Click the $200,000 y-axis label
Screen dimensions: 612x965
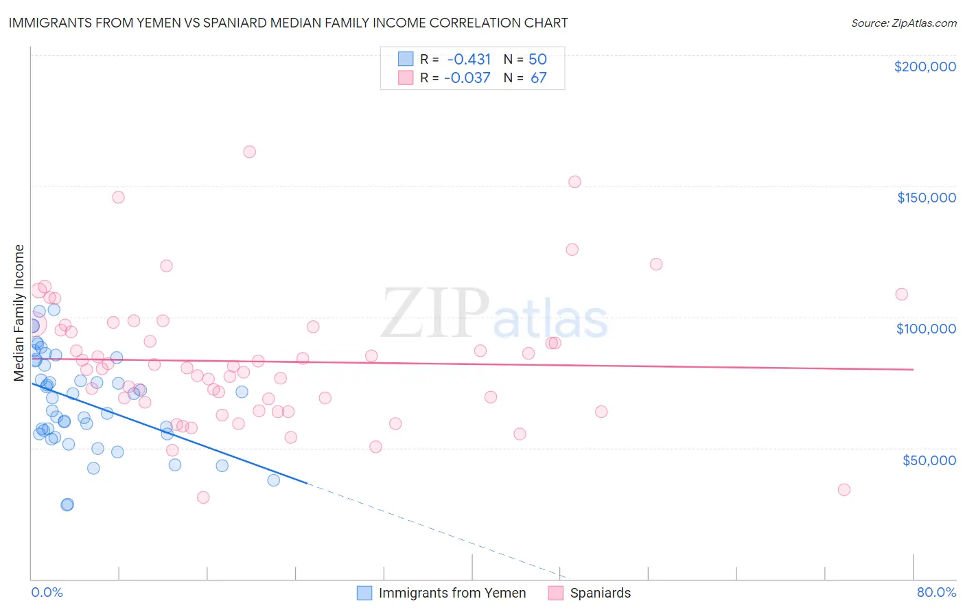tap(925, 67)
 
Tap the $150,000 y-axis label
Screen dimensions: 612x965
tap(926, 198)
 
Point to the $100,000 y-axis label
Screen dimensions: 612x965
tap(926, 329)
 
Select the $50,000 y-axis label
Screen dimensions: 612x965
tap(929, 460)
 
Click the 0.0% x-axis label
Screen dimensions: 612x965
tap(47, 592)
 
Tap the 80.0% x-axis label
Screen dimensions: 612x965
tap(936, 592)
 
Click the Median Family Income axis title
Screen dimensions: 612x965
tap(19, 313)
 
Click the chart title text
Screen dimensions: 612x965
tap(288, 23)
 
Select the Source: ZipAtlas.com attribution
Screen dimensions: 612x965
tap(903, 23)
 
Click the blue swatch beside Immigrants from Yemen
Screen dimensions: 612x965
tap(364, 593)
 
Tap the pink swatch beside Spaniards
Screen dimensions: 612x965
tap(556, 593)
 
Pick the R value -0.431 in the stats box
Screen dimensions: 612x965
tap(468, 59)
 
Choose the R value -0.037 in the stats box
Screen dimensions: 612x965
tap(467, 78)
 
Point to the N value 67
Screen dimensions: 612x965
tap(539, 78)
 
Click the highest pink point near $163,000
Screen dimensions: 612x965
tap(250, 152)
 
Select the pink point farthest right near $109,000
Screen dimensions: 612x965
tap(901, 294)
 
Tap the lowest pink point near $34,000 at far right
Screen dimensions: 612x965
tap(844, 490)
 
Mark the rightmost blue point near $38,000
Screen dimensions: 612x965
tap(273, 480)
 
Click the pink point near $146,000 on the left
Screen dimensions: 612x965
tap(118, 197)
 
